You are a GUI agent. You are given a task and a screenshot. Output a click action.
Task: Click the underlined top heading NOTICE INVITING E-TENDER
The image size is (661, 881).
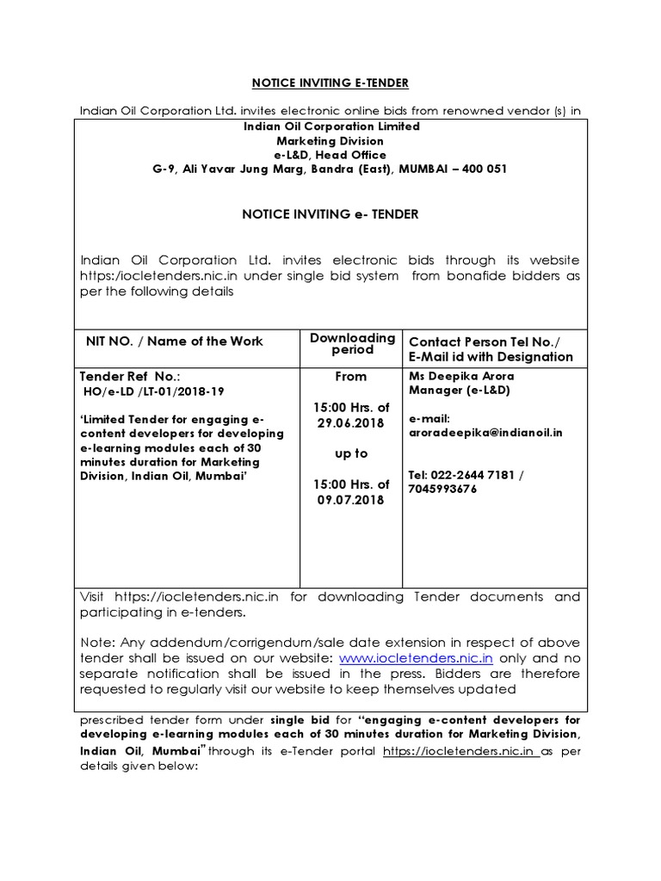click(330, 83)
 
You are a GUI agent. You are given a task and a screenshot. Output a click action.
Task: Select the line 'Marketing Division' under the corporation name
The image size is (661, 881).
click(330, 140)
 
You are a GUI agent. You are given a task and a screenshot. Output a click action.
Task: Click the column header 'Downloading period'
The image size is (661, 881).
click(352, 343)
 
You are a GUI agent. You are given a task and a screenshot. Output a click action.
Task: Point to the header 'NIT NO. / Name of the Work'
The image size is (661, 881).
click(174, 342)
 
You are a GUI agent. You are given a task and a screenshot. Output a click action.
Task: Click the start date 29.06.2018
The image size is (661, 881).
click(351, 422)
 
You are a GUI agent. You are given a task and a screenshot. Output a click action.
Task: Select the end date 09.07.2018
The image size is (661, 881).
click(351, 500)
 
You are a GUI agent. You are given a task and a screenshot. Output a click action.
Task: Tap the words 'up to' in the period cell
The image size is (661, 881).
click(351, 453)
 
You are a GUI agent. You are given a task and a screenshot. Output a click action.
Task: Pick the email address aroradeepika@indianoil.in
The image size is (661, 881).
click(485, 433)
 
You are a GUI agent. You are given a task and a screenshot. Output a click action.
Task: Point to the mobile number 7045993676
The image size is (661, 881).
click(442, 489)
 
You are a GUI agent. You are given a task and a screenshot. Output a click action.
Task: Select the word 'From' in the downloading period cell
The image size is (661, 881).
click(351, 376)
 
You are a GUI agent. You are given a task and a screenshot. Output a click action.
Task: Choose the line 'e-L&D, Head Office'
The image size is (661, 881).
click(330, 155)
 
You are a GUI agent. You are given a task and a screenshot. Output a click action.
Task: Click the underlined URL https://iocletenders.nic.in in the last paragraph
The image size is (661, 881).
click(460, 751)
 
